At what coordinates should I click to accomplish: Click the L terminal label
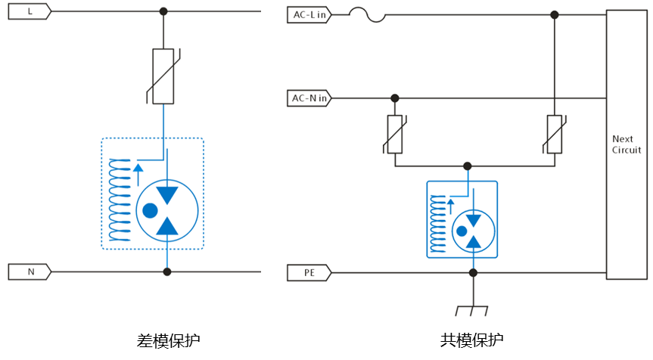(30, 11)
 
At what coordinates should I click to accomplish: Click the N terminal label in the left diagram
(30, 272)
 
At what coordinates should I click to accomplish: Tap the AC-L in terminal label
(309, 14)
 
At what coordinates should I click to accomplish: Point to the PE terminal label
(309, 272)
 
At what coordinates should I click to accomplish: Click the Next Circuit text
(627, 144)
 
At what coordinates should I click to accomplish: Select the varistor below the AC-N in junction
(395, 134)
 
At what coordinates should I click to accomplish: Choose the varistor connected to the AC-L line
(555, 134)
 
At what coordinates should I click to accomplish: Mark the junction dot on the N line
(167, 272)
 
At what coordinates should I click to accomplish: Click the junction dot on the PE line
(473, 272)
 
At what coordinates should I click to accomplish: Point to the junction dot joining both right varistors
(468, 166)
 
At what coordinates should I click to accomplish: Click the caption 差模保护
(168, 340)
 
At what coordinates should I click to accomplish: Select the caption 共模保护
(471, 340)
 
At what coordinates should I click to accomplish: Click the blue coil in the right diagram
(437, 224)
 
